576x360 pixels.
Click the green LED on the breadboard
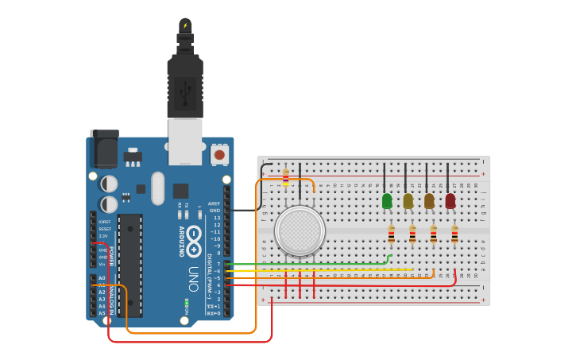pos(387,201)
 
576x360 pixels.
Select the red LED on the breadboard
pos(450,201)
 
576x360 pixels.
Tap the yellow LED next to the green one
pos(408,201)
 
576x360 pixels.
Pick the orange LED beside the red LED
pos(429,201)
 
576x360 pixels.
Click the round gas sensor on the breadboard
pos(300,231)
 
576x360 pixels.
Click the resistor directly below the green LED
pos(391,234)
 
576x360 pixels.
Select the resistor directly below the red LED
pos(454,234)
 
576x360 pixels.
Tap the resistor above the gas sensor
pos(285,178)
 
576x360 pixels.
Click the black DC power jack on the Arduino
pos(104,149)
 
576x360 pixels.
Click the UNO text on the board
pos(193,278)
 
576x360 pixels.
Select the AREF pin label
pos(215,203)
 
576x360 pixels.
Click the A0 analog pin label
pos(102,277)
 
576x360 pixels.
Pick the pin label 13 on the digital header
pos(217,217)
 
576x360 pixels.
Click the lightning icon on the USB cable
pos(185,25)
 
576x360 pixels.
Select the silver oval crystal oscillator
pos(158,188)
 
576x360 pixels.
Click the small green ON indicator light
pos(186,303)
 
